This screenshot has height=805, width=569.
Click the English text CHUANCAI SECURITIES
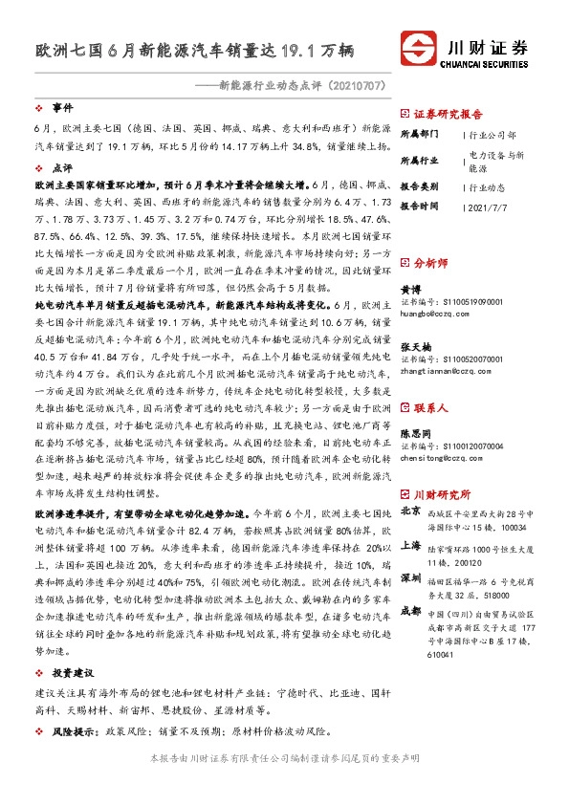pos(487,66)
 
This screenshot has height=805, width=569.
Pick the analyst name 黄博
pos(411,288)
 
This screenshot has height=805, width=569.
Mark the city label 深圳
pos(412,578)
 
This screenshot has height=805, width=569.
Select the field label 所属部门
pos(420,135)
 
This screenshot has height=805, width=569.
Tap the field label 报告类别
pos(420,187)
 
